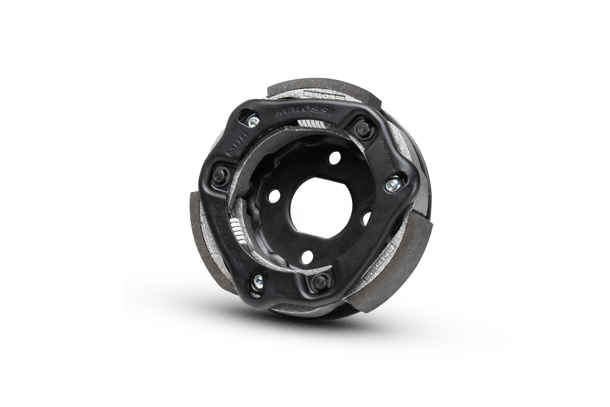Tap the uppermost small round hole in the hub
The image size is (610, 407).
[333, 161]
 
